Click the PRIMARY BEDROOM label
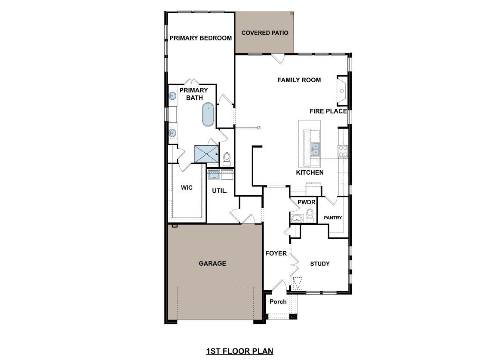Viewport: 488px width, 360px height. pos(200,38)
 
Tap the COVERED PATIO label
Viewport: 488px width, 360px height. pos(265,33)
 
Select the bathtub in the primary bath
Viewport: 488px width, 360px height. pos(208,114)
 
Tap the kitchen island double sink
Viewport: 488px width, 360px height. pos(316,149)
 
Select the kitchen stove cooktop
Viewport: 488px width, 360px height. pos(343,151)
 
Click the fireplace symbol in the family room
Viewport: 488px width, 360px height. pos(342,91)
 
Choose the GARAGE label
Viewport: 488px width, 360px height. pos(212,263)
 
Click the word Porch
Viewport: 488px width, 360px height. pos(278,302)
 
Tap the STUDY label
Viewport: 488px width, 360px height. pos(320,264)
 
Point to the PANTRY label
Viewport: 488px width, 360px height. pos(333,218)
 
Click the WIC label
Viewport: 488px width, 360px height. pos(187,188)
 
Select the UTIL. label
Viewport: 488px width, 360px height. pos(220,191)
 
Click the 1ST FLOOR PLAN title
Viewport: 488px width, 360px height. pos(239,351)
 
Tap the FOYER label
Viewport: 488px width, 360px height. pos(276,253)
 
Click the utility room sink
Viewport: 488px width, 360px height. pos(214,175)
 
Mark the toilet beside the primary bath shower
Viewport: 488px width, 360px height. pos(227,158)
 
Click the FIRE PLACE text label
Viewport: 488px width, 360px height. pos(328,111)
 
